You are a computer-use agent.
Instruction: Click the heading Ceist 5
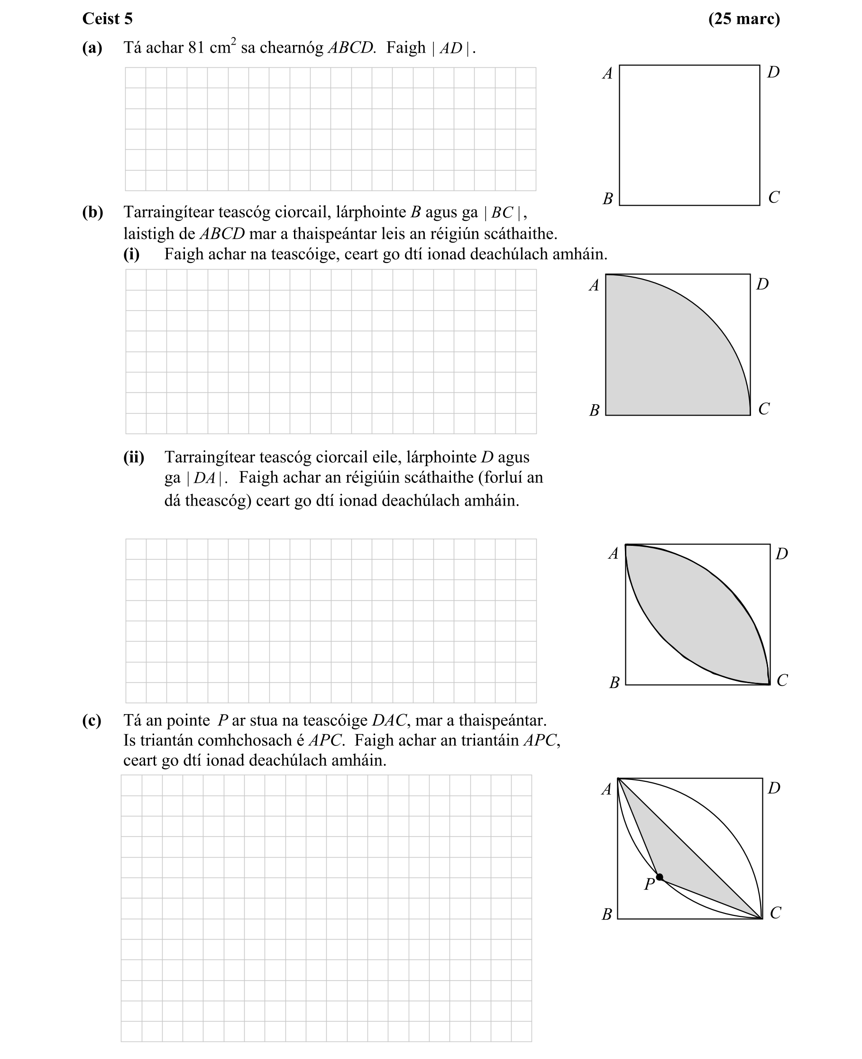point(107,19)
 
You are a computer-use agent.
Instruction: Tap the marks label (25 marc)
point(744,19)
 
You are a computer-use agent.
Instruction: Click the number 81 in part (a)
point(196,48)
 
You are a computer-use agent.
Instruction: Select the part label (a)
point(92,48)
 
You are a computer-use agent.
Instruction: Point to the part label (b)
point(92,212)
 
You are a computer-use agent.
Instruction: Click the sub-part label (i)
point(132,254)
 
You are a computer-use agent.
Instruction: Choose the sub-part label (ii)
point(134,457)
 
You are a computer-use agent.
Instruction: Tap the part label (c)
point(92,720)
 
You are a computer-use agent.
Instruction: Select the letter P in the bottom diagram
point(649,884)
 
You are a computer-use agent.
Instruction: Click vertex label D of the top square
point(773,72)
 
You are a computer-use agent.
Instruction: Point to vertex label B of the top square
point(608,199)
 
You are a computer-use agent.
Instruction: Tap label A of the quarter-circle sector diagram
point(594,285)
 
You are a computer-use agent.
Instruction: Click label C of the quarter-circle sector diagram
point(764,409)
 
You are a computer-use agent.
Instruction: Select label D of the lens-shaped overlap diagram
point(781,554)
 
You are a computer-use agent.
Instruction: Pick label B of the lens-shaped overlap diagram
point(614,683)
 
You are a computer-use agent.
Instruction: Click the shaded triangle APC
point(685,859)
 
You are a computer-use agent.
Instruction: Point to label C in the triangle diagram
point(775,913)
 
